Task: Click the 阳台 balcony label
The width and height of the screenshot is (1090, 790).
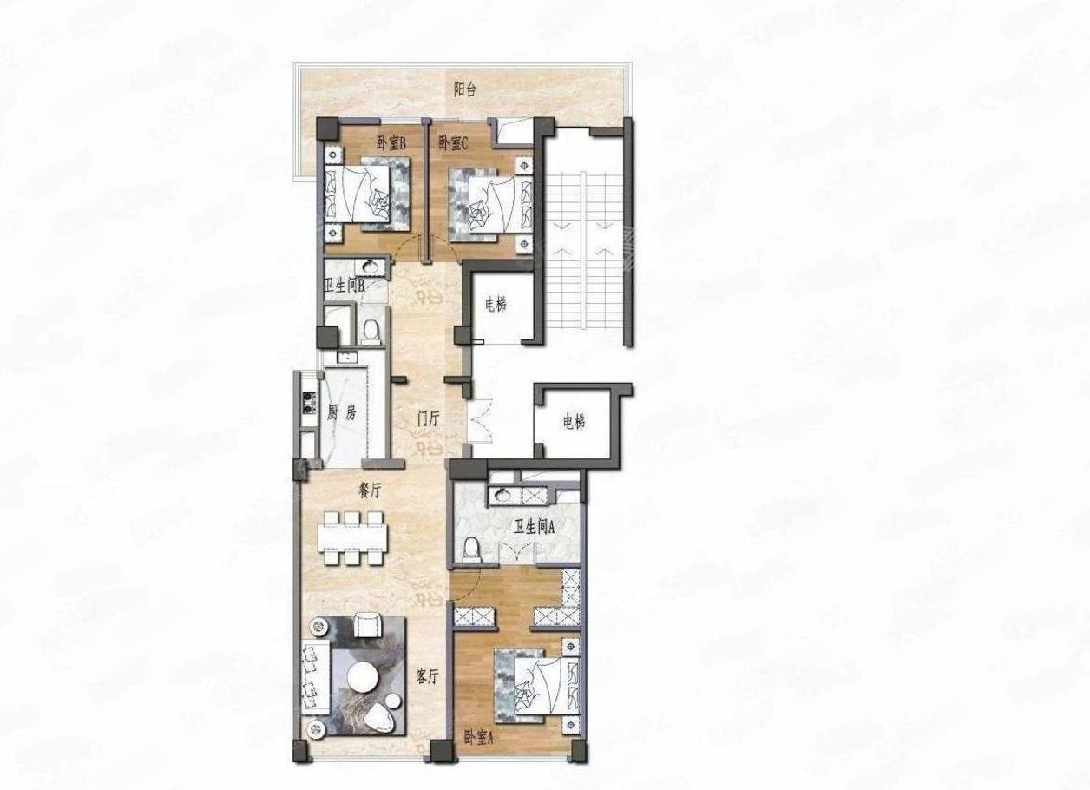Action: pyautogui.click(x=465, y=89)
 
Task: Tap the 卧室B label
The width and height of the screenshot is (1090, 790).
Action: pyautogui.click(x=392, y=142)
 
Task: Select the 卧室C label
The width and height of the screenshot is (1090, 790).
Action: pyautogui.click(x=453, y=143)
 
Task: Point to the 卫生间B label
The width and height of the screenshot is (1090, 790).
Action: pyautogui.click(x=344, y=285)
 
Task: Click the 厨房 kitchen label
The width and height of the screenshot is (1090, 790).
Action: pyautogui.click(x=342, y=413)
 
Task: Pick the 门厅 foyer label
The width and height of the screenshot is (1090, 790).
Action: pyautogui.click(x=429, y=418)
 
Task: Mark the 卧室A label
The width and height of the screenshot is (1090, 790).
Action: pyautogui.click(x=478, y=738)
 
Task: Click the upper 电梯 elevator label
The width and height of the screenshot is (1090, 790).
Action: pyautogui.click(x=496, y=305)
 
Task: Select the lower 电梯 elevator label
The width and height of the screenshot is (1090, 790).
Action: pyautogui.click(x=574, y=423)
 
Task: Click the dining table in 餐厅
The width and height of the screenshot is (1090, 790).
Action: pyautogui.click(x=351, y=537)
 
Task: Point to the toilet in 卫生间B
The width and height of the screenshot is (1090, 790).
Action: pyautogui.click(x=371, y=330)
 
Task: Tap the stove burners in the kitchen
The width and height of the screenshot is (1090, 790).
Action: pyautogui.click(x=307, y=403)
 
